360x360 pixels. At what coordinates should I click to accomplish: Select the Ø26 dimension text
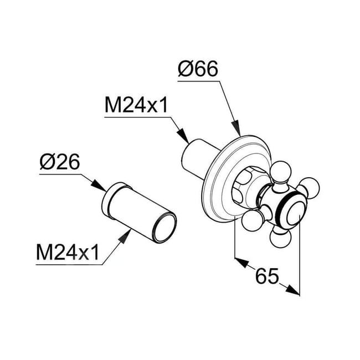(60, 163)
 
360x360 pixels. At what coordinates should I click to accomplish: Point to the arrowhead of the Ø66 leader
(239, 131)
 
